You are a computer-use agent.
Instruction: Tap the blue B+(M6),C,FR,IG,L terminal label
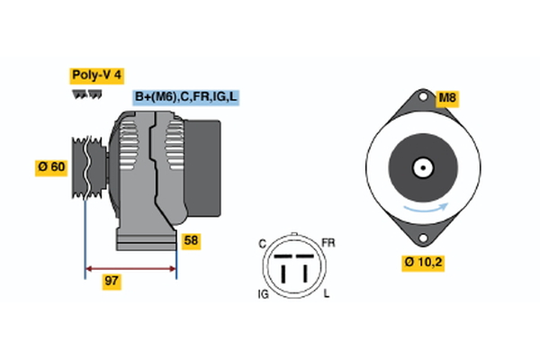tap(186, 96)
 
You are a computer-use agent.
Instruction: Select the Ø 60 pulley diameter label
tap(51, 166)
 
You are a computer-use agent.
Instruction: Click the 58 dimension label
tap(191, 240)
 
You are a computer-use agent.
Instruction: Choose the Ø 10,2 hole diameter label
tap(422, 263)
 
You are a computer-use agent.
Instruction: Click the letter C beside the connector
tap(262, 244)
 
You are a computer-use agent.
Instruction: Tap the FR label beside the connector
tap(328, 244)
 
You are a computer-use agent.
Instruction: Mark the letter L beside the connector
tap(327, 293)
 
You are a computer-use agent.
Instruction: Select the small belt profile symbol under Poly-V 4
tap(86, 94)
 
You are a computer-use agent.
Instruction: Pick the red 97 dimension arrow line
tap(130, 268)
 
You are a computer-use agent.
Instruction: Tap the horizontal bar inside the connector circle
tap(292, 258)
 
